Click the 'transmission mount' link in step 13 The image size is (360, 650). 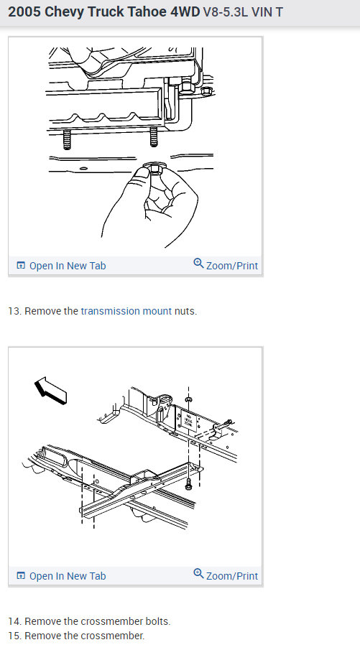126,311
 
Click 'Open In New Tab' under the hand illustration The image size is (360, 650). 61,266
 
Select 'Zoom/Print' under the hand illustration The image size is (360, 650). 226,265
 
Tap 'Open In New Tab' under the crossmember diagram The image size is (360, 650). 61,576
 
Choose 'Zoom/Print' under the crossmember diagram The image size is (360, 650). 226,575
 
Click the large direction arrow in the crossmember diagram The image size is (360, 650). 50,390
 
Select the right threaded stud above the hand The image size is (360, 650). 154,137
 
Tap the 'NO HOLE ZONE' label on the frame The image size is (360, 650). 189,419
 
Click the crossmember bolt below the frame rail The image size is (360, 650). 189,482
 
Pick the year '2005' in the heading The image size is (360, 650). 24,12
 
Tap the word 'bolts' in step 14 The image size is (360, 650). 157,621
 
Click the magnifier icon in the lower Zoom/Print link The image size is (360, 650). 198,573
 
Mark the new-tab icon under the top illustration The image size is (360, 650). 21,265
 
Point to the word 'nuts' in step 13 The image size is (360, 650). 184,311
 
